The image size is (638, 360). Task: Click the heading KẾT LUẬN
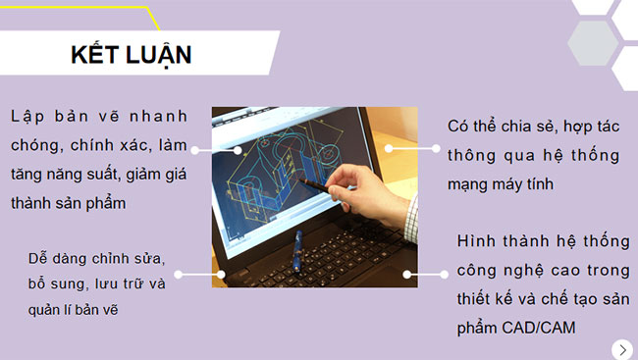(131, 55)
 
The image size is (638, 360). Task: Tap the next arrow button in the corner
(621, 348)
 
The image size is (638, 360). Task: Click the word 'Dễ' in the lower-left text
(40, 258)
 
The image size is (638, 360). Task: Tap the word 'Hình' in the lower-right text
(478, 241)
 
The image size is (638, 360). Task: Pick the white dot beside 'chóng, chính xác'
(195, 150)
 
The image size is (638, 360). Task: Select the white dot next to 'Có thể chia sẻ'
(389, 148)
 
